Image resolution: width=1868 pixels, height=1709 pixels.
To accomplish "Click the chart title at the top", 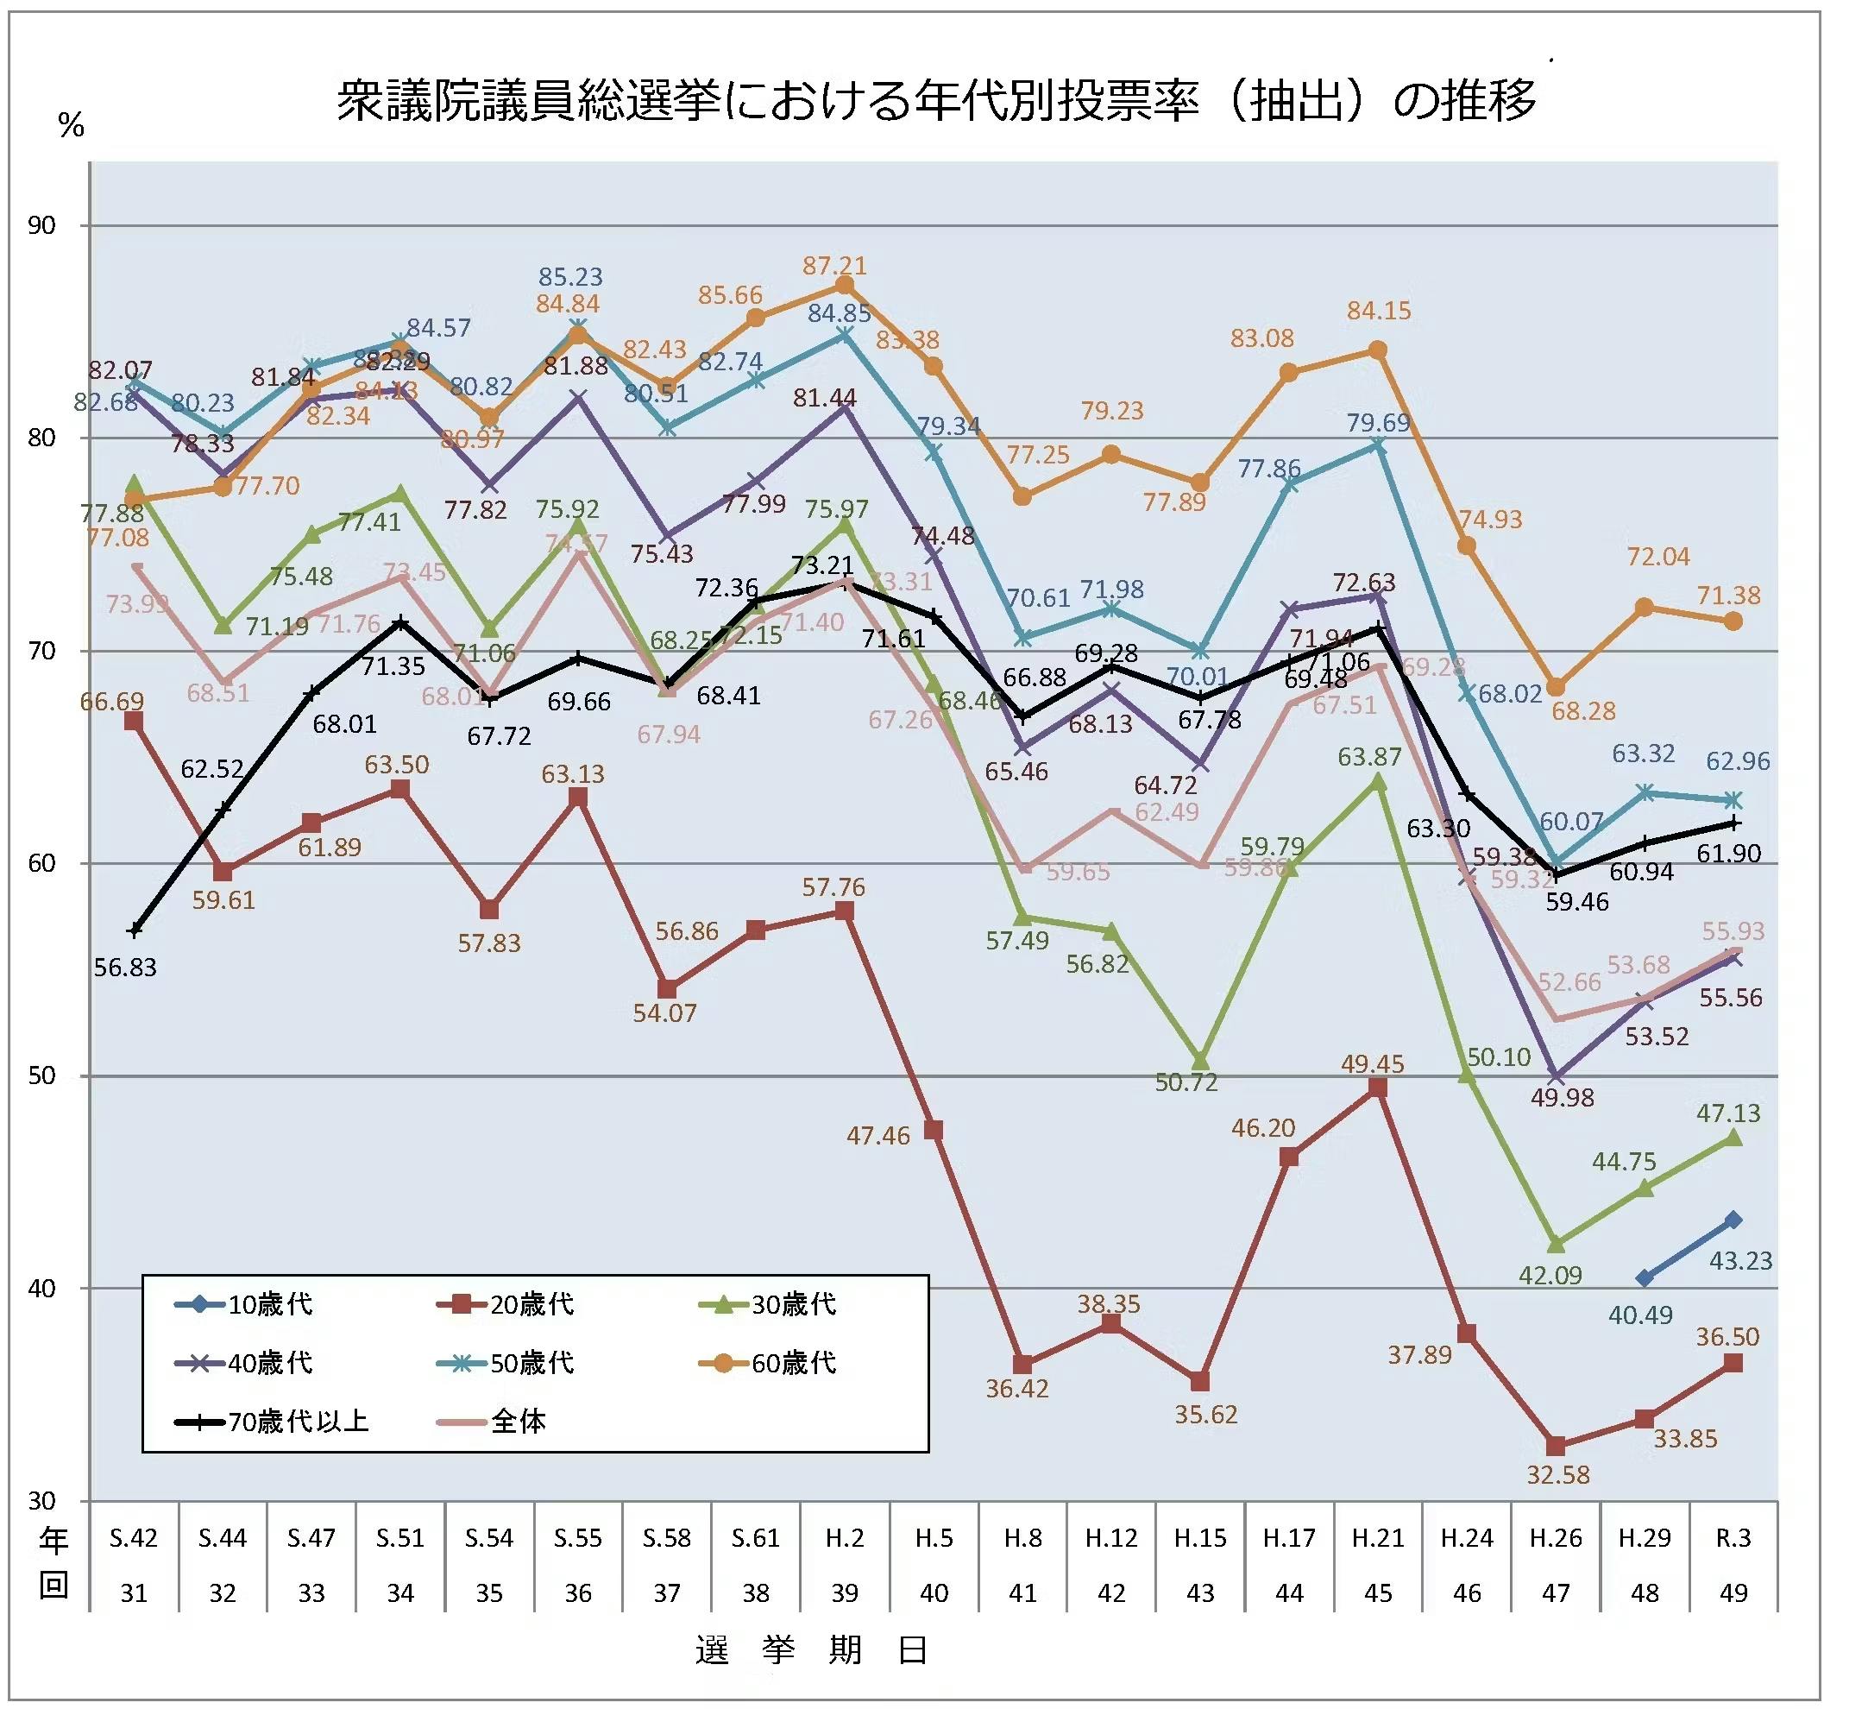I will pos(936,100).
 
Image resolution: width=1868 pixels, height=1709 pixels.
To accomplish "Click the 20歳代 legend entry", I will pos(506,1304).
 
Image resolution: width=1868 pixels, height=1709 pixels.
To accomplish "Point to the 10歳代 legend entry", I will pos(245,1304).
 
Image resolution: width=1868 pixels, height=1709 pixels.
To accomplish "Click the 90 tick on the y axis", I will pos(41,225).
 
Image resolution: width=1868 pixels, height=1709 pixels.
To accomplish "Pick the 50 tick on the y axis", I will pos(41,1076).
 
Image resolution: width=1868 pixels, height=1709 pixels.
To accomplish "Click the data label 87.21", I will pos(834,266).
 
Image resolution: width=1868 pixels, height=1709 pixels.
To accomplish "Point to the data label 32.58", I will pos(1557,1473).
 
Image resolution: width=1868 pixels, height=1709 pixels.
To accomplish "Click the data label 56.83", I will pos(125,967).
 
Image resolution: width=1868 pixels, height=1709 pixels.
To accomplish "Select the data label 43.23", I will pos(1740,1260).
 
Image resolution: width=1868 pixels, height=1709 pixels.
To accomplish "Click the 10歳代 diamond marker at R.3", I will pos(1733,1220).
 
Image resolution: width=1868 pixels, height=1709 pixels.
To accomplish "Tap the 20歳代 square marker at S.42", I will pos(134,721).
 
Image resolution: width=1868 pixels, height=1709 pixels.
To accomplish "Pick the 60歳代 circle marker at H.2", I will pos(844,285).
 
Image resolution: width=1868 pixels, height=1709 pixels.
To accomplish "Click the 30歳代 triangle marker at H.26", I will pos(1556,1244).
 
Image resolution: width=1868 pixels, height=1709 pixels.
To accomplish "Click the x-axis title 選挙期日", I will pos(812,1650).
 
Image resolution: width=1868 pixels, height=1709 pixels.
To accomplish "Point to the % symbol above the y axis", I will pos(72,125).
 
